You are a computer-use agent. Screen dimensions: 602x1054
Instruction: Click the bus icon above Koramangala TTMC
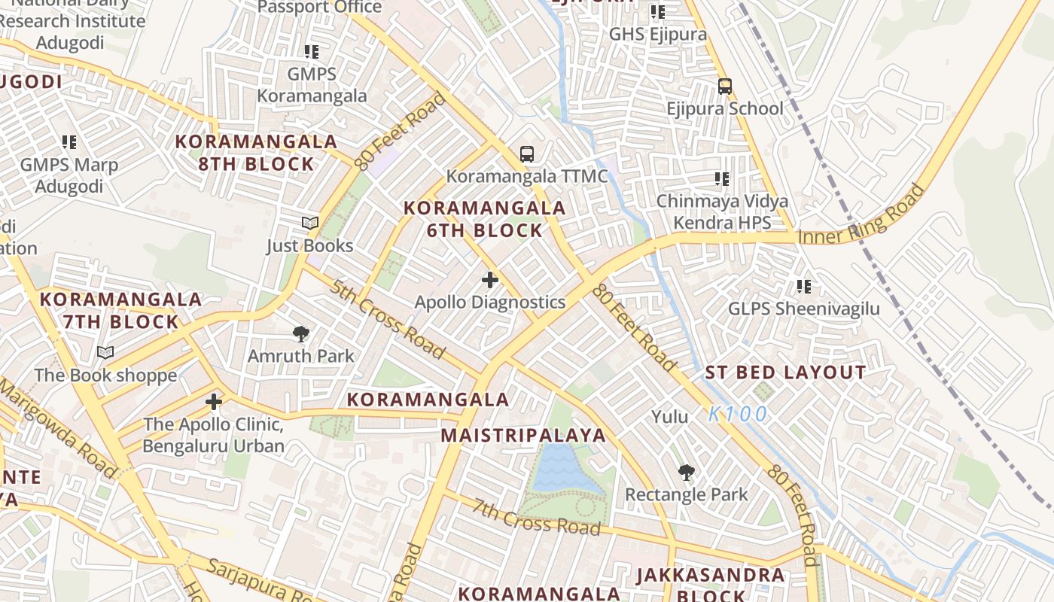pos(527,154)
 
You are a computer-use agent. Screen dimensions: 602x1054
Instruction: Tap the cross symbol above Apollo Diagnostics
pos(490,280)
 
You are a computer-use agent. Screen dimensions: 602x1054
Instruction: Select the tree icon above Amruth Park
pos(301,334)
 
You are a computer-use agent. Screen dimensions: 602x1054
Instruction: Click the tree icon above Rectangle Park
pos(686,473)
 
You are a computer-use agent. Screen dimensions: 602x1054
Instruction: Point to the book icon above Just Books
pos(310,223)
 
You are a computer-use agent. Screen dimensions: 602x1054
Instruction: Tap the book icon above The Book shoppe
pos(105,352)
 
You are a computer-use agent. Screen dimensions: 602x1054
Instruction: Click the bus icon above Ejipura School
pos(724,87)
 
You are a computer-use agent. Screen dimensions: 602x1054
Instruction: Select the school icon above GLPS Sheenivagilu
pos(803,287)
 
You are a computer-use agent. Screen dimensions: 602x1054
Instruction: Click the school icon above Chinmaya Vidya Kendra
pos(721,179)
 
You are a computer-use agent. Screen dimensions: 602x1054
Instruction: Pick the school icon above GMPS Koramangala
pos(311,52)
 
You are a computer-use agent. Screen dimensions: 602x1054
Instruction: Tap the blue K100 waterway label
pos(738,414)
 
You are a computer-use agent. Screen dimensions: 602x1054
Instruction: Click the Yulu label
pos(670,416)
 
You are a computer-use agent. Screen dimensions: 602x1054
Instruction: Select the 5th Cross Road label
pos(386,319)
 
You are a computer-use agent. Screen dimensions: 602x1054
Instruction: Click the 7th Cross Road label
pos(536,517)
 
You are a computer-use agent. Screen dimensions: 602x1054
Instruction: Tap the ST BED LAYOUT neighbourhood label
pos(785,372)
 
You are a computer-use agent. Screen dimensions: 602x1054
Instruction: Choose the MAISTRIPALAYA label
pos(523,435)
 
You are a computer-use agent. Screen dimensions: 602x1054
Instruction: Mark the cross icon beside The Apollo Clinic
pos(214,402)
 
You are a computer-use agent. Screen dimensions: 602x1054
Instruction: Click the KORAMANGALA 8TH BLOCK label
pos(256,153)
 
